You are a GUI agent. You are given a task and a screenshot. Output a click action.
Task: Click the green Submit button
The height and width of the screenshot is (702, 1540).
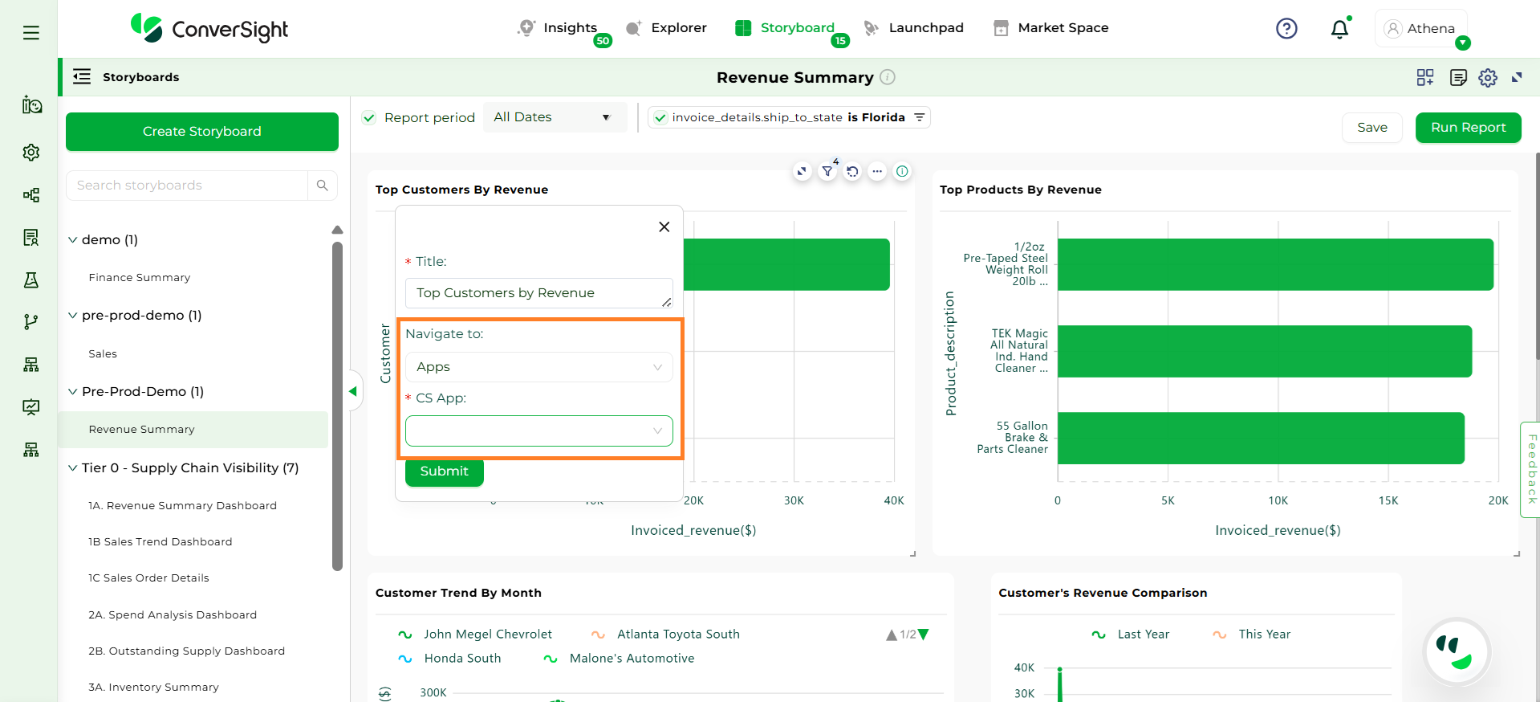coord(444,471)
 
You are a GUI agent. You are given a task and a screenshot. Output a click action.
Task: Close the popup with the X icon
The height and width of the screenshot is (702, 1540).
coord(664,227)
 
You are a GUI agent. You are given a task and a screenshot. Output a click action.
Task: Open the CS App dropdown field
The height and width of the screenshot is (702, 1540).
coord(538,431)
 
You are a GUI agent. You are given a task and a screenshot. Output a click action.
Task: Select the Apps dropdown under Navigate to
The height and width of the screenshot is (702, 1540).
coord(538,367)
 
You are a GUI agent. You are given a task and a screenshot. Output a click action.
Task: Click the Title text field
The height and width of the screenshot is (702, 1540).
coord(538,293)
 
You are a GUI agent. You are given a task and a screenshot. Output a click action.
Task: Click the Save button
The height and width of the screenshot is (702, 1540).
coord(1371,128)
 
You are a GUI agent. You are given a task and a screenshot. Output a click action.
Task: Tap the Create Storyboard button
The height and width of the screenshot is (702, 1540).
coord(202,132)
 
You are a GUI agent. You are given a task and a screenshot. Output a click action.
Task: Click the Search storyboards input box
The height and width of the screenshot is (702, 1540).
coord(188,186)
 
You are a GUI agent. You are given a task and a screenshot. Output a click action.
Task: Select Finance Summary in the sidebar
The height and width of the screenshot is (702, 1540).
coord(140,278)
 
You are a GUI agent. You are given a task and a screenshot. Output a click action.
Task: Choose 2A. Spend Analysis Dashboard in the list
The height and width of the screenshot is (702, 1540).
coord(173,615)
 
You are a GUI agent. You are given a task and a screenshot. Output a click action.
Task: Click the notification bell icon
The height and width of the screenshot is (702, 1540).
coord(1339,29)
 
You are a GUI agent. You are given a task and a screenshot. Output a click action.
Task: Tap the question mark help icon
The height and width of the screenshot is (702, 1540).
coord(1286,29)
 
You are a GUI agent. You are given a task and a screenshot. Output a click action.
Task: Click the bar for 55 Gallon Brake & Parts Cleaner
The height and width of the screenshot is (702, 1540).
coord(1261,438)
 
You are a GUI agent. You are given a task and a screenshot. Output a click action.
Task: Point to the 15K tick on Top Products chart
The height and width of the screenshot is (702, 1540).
coord(1388,500)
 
